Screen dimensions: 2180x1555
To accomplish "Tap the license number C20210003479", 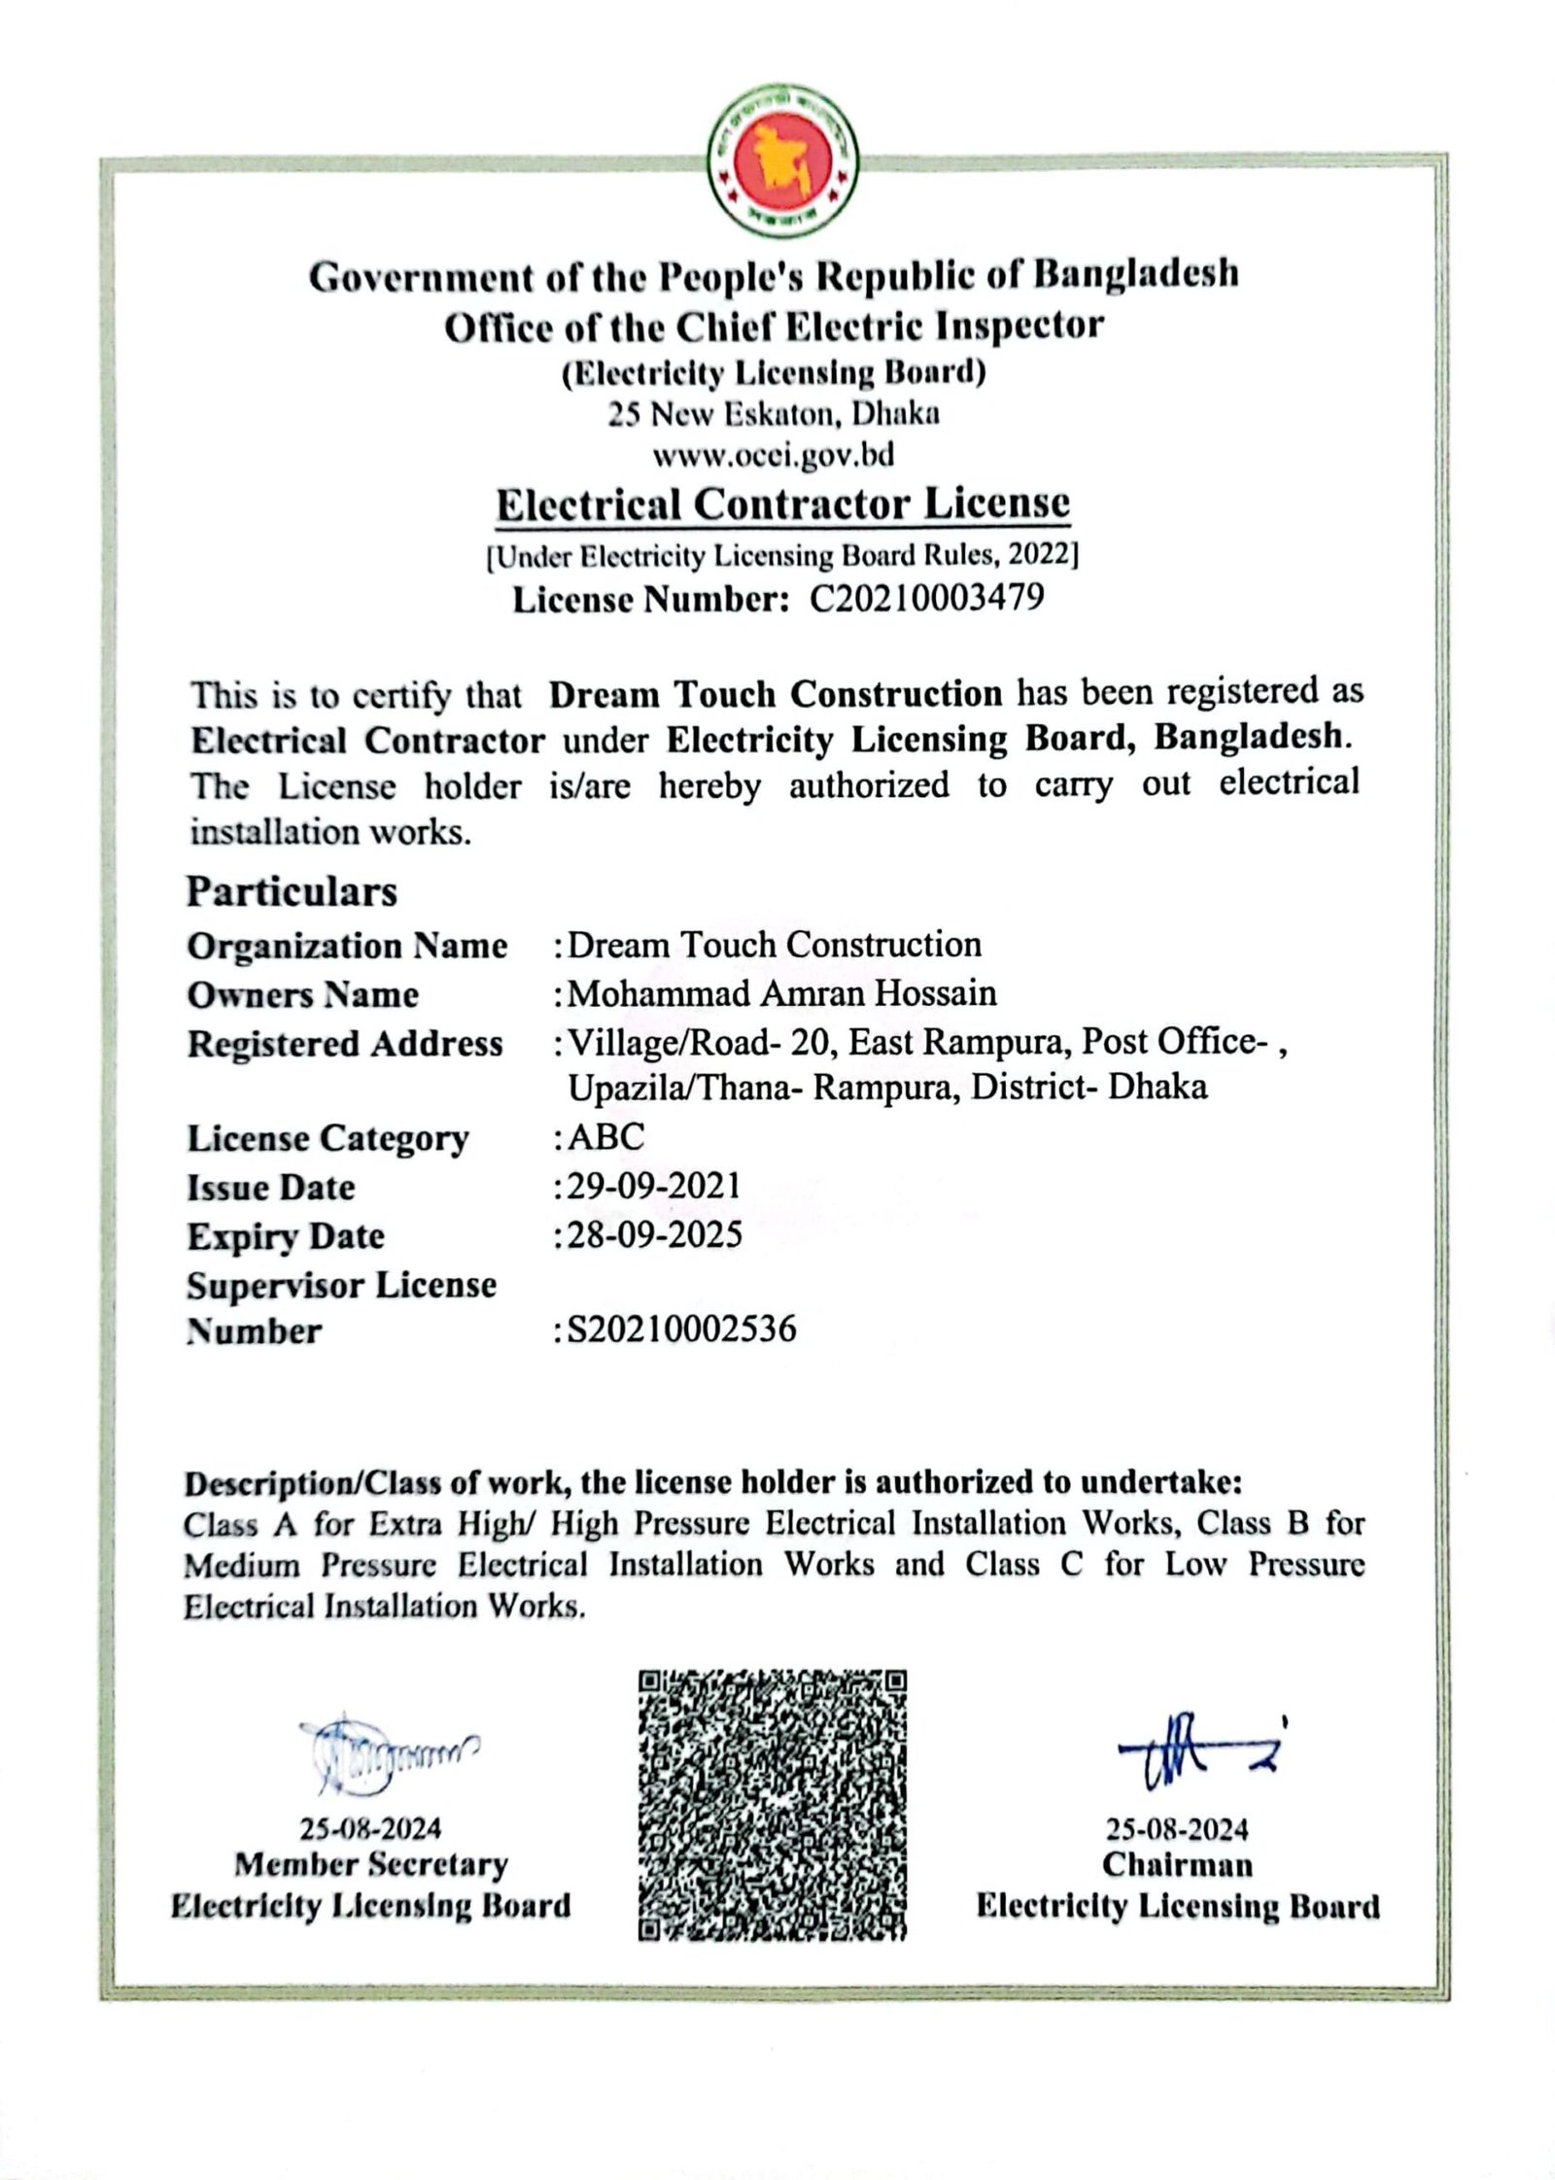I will tap(926, 598).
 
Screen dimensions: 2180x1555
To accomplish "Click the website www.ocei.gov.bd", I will tap(773, 455).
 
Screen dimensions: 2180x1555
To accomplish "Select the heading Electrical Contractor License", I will tap(782, 504).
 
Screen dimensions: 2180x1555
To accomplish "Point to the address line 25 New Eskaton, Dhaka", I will tap(774, 414).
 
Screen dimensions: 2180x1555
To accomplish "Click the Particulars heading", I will tap(292, 891).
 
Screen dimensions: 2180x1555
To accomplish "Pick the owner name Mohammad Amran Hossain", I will tap(782, 993).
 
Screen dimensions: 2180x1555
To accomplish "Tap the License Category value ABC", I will tap(605, 1136).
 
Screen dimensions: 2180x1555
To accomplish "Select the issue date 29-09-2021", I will tap(654, 1186).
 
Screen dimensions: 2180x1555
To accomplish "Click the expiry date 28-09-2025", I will tap(654, 1234).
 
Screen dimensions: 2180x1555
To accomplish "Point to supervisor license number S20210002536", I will tap(681, 1329).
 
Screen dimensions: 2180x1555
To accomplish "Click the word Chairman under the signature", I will tap(1177, 1864).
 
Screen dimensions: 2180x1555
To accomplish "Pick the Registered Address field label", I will tap(345, 1044).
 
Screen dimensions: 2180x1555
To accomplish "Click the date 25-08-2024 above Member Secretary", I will tap(370, 1829).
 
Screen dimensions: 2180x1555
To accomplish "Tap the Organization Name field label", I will tap(347, 946).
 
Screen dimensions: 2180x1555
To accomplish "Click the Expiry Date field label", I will tap(286, 1236).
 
